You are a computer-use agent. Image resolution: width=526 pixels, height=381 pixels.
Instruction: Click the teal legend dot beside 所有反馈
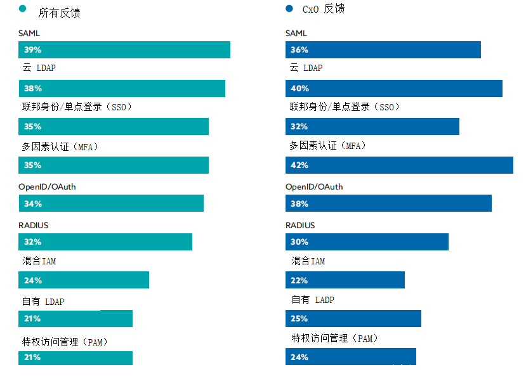23,9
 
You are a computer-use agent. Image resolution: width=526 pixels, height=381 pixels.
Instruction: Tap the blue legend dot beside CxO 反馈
289,9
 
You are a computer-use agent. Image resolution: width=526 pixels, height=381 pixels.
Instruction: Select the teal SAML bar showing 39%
124,50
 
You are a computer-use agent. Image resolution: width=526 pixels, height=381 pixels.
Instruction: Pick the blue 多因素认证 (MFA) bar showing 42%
399,165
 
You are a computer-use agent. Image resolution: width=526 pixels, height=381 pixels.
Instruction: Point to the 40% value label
299,89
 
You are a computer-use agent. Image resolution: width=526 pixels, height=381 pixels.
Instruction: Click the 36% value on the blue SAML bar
299,50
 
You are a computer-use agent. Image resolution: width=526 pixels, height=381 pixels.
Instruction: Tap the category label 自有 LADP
312,300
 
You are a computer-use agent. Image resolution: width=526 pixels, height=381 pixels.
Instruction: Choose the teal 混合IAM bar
84,280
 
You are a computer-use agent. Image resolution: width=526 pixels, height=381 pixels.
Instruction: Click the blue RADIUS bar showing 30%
367,242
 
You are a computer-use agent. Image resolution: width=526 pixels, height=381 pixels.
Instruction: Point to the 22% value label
299,280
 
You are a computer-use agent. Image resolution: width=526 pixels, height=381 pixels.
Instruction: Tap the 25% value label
299,318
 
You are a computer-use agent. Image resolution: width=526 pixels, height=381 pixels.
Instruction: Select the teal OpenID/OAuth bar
111,203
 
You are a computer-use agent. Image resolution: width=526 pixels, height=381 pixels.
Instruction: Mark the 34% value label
33,203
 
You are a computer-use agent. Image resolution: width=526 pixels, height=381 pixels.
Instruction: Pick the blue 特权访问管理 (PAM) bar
351,356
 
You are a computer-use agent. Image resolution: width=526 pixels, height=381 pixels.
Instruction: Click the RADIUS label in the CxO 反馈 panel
300,225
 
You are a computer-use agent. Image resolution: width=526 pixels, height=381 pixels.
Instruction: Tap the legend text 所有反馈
59,13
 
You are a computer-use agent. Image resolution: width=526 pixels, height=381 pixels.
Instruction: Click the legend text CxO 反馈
324,10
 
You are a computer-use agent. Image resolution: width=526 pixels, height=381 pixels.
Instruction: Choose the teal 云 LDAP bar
122,89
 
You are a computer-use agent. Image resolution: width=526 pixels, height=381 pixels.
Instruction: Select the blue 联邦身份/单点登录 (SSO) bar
372,127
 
